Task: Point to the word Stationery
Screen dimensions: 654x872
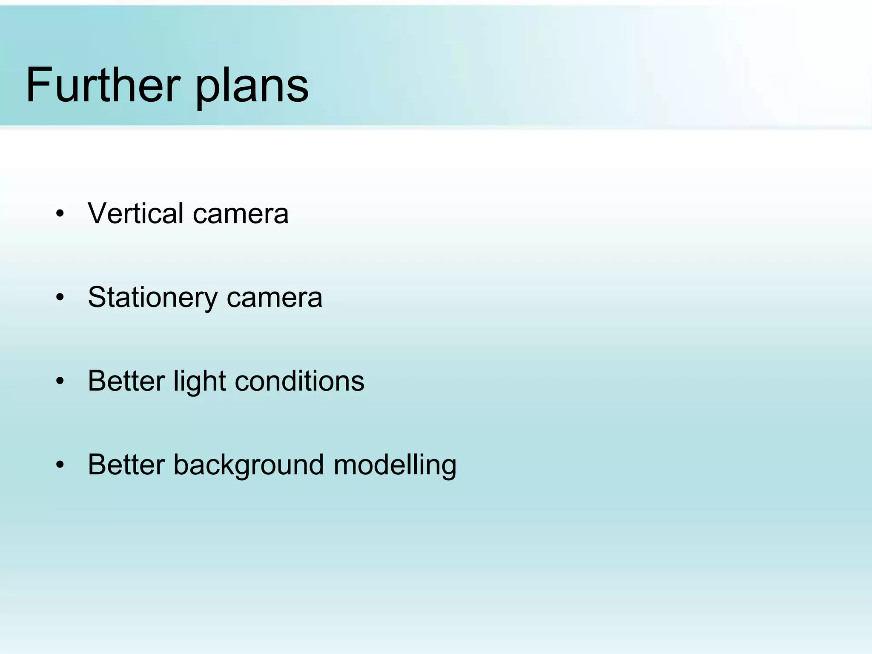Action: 152,297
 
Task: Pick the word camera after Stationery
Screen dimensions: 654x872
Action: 275,297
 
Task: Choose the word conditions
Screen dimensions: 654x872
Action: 299,381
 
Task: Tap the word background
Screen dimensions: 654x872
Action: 249,465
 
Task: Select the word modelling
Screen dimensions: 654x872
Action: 395,465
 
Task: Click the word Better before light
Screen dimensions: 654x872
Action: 126,381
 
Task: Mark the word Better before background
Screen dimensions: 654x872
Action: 126,465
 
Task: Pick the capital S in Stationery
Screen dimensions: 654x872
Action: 98,297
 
